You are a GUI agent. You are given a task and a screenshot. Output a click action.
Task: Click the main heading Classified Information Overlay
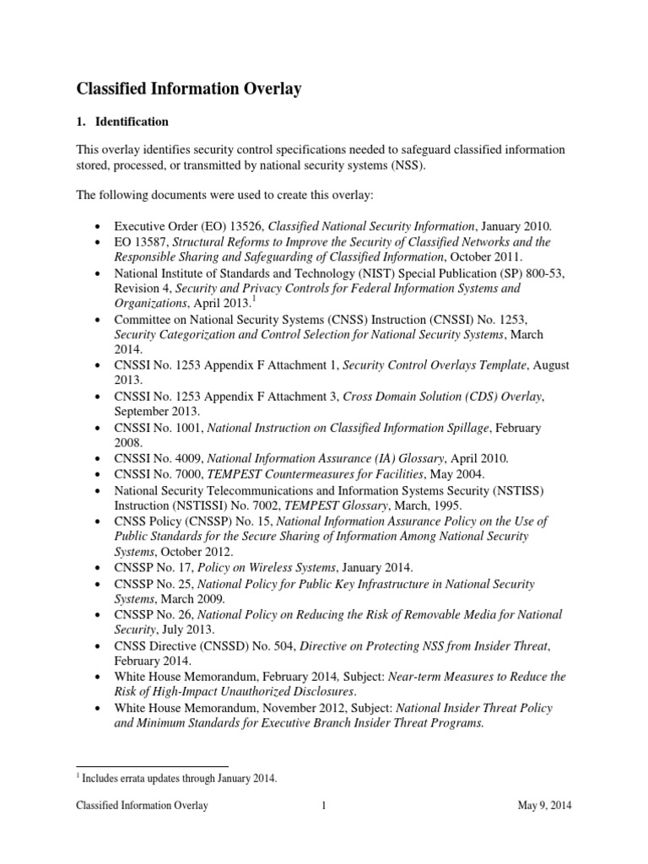189,89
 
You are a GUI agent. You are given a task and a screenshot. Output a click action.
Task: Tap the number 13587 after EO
153,242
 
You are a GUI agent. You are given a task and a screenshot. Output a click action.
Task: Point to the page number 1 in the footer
324,806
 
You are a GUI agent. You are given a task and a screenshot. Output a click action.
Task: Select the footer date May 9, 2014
544,806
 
